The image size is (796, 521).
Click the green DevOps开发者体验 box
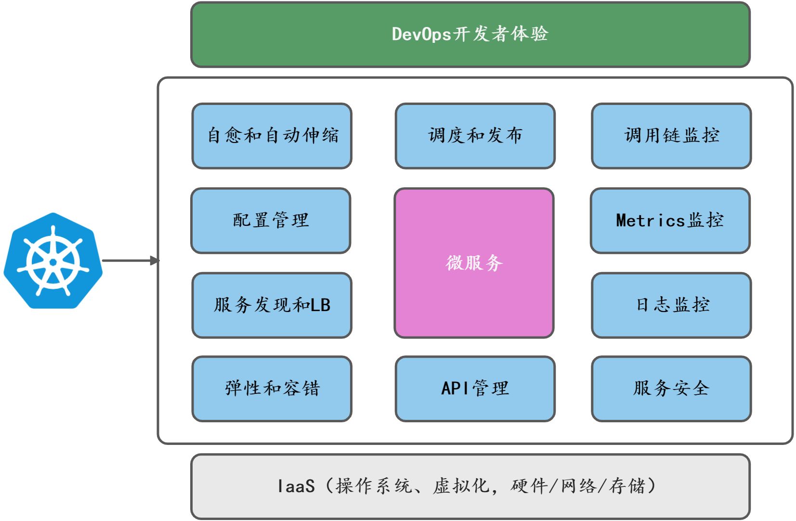470,35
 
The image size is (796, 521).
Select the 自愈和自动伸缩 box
272,136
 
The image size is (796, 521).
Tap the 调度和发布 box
475,136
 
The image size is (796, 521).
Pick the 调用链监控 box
671,136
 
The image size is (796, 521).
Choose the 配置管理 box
271,221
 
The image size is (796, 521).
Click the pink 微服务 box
474,263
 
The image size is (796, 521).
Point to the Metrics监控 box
670,221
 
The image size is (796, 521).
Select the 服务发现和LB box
272,305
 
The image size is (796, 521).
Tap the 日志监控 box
671,305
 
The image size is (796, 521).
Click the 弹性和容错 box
272,389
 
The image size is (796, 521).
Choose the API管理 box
475,389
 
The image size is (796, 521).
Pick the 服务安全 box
671,389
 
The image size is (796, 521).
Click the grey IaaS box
470,486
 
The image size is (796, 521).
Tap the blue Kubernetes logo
53,261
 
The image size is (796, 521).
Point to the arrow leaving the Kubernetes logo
130,261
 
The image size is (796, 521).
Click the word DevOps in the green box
421,35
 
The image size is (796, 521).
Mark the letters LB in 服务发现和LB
320,305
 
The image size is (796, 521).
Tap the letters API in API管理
455,389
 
